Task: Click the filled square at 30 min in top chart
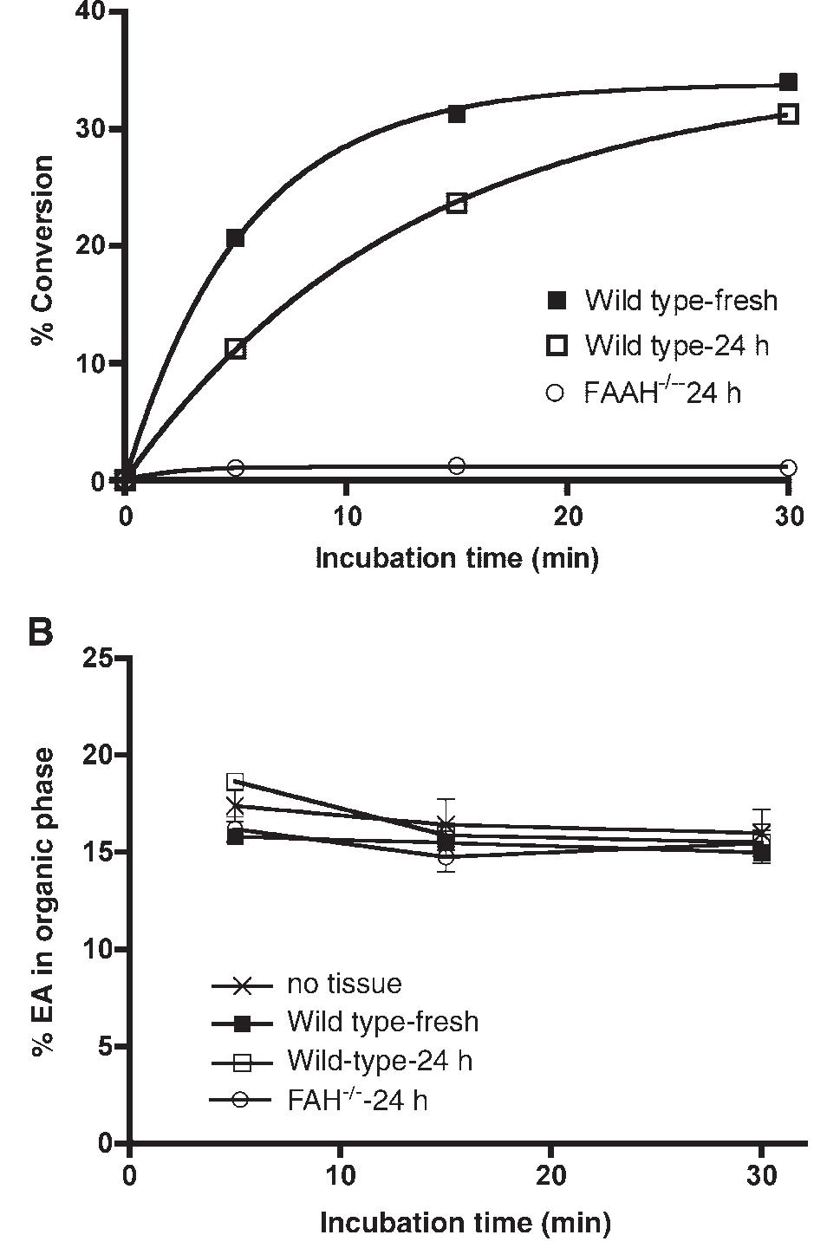(x=788, y=82)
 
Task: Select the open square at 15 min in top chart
(x=457, y=204)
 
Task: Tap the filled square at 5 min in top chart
(x=235, y=238)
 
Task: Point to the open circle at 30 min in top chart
(x=788, y=467)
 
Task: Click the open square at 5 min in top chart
(x=235, y=349)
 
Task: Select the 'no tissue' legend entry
(x=344, y=984)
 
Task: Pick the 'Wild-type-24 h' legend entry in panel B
(x=380, y=1060)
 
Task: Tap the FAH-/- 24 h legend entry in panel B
(x=357, y=1100)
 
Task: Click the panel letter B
(x=40, y=631)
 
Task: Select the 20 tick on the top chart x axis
(x=567, y=517)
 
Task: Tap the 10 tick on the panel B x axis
(x=340, y=1177)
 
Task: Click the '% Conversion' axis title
(x=42, y=251)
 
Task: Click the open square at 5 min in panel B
(x=235, y=782)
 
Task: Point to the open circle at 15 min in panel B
(x=446, y=857)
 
